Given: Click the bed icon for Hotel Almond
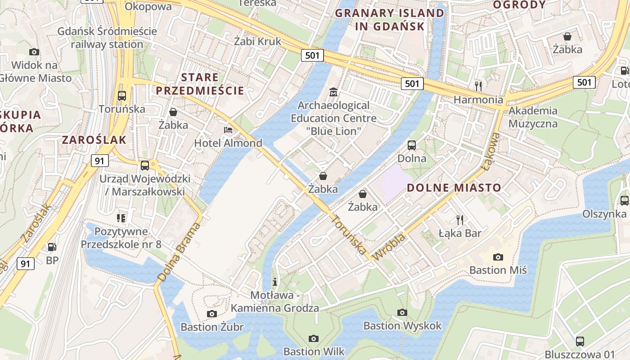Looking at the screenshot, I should (x=228, y=130).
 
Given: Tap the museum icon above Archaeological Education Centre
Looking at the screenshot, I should (x=333, y=92).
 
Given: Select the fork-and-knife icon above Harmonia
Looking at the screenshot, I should (x=478, y=85).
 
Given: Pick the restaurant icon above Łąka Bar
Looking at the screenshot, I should (x=459, y=220).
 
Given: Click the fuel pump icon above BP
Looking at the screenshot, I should (x=52, y=247).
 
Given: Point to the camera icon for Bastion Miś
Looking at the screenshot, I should (x=498, y=257).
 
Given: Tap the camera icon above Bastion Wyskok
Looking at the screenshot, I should (x=402, y=312).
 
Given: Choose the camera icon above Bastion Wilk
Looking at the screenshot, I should (x=314, y=338).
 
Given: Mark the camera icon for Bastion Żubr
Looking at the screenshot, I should (x=212, y=314).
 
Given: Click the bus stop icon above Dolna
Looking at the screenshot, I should (x=411, y=145).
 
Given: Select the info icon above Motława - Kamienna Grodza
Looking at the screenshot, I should (x=275, y=282).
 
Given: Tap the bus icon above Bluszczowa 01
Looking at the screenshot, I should (x=580, y=341).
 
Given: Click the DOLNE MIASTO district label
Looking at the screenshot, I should (x=454, y=188).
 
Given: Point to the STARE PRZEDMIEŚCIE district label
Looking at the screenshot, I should (x=200, y=84).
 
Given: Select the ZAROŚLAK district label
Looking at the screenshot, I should (x=94, y=139).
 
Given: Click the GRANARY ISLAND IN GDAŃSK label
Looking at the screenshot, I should (x=390, y=19).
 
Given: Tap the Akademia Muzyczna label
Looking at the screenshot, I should (x=533, y=117).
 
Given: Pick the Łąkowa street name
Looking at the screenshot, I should (x=490, y=152).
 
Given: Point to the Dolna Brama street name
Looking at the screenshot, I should (x=179, y=252).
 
